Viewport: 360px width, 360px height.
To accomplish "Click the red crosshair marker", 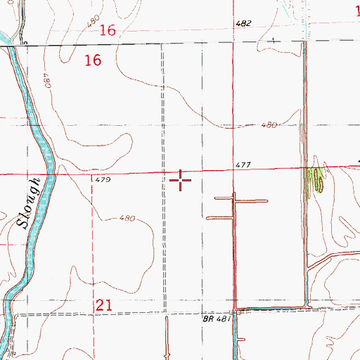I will point(181,181).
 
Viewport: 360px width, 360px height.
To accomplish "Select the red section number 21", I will point(103,304).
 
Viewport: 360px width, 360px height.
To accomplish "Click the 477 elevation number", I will point(244,165).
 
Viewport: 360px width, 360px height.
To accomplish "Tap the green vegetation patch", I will point(316,180).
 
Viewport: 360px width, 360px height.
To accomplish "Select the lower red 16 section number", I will point(93,61).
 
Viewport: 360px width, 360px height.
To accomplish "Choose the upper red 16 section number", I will point(108,30).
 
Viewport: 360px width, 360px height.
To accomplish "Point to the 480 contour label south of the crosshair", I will point(127,218).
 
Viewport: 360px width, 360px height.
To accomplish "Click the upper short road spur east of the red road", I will point(252,201).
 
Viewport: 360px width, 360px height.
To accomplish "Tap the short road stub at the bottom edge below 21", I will point(167,337).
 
